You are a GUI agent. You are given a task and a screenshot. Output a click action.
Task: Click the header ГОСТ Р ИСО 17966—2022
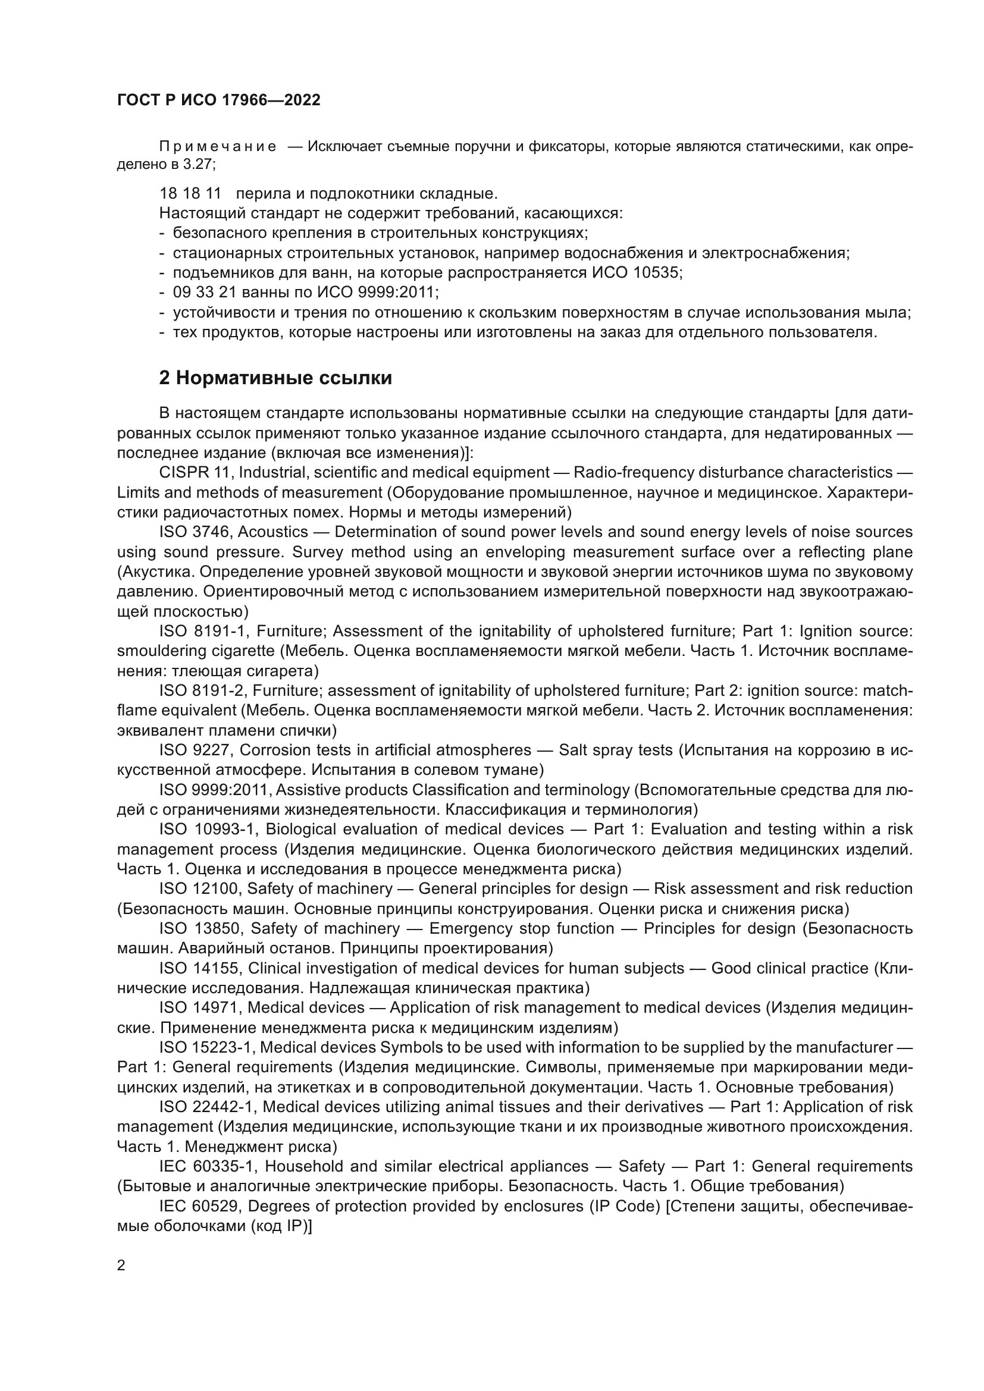click(x=218, y=101)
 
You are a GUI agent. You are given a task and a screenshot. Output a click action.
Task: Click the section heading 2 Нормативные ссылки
click(x=275, y=378)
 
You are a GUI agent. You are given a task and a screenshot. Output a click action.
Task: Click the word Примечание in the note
click(x=218, y=147)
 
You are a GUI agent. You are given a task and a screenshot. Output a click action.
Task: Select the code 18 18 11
click(x=190, y=194)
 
